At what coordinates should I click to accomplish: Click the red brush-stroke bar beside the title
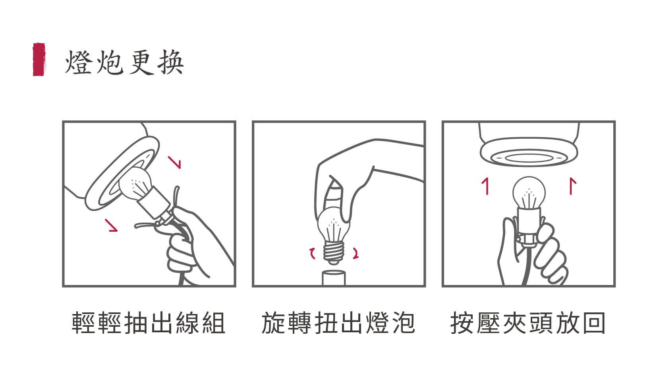pos(39,59)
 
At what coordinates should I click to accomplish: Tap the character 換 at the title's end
pos(171,62)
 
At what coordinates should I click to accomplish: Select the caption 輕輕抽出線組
pos(149,323)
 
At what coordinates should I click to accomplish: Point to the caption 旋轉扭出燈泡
pos(338,323)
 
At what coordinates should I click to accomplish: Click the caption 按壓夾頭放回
pos(528,323)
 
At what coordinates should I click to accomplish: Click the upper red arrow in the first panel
pos(174,162)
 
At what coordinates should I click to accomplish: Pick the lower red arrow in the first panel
pos(111,225)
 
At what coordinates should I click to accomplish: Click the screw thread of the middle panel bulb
pos(334,252)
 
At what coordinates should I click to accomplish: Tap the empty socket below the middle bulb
pos(334,278)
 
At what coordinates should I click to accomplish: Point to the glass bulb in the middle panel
pos(334,225)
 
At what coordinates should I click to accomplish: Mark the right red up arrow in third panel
pos(572,186)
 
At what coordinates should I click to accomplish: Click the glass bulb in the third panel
pos(529,193)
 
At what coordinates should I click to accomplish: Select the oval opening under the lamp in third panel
pos(529,158)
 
